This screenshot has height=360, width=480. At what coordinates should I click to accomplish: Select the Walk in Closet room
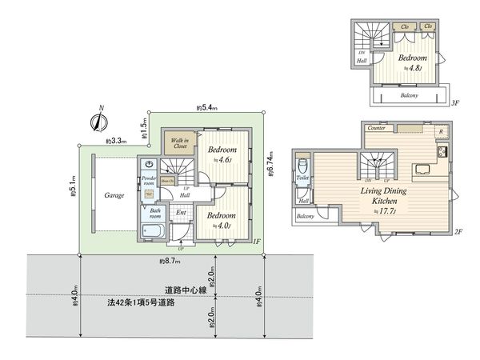[178, 143]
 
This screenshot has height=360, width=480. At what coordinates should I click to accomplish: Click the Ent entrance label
[181, 213]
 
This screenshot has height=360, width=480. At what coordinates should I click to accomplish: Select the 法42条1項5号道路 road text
[143, 304]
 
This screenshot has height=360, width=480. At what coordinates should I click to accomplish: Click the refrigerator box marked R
[439, 133]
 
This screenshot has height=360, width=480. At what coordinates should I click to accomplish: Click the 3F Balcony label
[408, 96]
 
